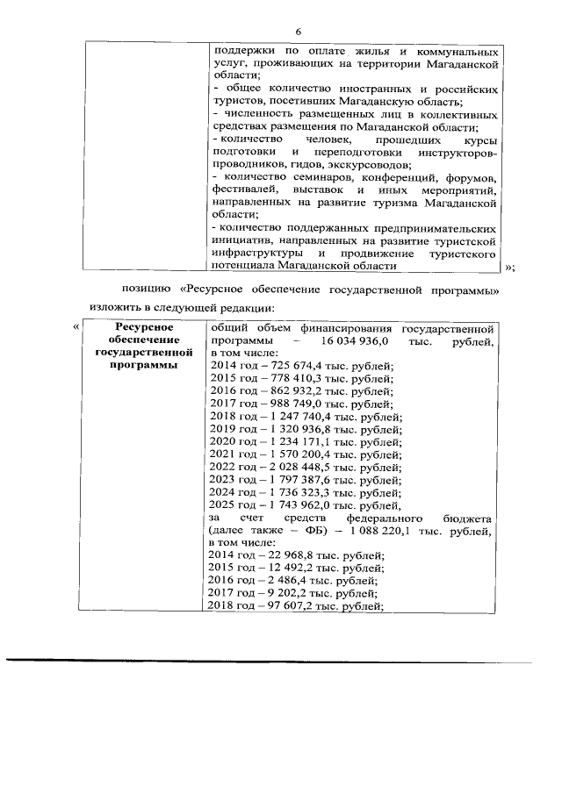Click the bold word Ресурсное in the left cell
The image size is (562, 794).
(144, 327)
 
